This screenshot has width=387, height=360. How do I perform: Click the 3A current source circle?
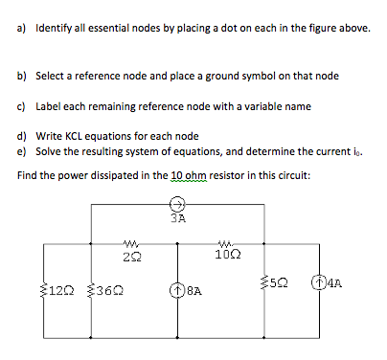[x=178, y=204]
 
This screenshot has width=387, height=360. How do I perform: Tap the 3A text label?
[x=177, y=217]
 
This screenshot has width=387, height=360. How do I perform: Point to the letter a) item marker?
[x=22, y=29]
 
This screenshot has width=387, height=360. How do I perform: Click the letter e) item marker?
[x=22, y=151]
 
